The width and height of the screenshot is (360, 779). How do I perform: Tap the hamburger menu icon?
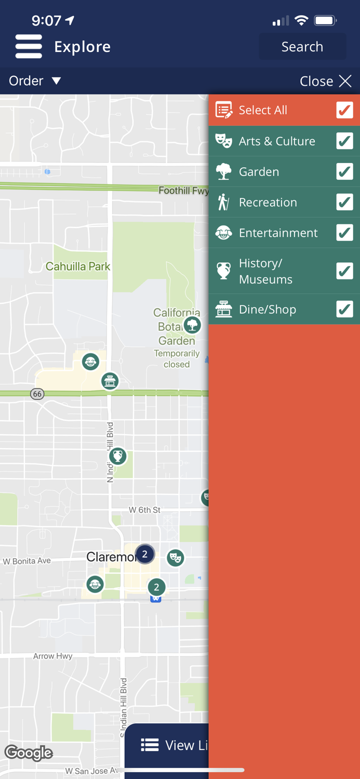click(29, 47)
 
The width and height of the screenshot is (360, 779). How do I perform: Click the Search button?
click(302, 47)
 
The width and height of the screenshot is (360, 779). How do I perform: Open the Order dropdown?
click(35, 81)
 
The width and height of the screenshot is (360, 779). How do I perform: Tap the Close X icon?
click(345, 81)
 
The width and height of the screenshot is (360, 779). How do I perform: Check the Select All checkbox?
click(344, 110)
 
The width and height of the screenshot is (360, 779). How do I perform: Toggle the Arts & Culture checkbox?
click(344, 141)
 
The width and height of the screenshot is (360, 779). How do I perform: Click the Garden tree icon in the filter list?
click(224, 171)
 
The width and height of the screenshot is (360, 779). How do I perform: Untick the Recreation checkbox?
click(344, 202)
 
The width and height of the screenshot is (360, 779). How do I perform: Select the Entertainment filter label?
click(278, 233)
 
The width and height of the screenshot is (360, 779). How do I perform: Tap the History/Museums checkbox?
click(344, 271)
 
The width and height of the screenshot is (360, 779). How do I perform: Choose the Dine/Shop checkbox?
click(344, 309)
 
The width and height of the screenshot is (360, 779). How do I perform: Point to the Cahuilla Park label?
click(78, 266)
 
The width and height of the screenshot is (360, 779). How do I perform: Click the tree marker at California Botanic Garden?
click(192, 326)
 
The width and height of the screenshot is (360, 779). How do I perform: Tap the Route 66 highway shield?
click(37, 394)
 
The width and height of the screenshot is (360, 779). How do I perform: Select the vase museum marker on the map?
click(118, 456)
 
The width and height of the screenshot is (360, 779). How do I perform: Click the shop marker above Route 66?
click(110, 381)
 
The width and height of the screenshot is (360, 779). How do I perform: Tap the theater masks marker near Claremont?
click(176, 558)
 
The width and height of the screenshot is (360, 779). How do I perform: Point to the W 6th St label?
click(144, 510)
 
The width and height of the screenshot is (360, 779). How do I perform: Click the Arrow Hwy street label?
click(53, 656)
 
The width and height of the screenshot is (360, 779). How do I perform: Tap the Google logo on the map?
click(29, 753)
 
